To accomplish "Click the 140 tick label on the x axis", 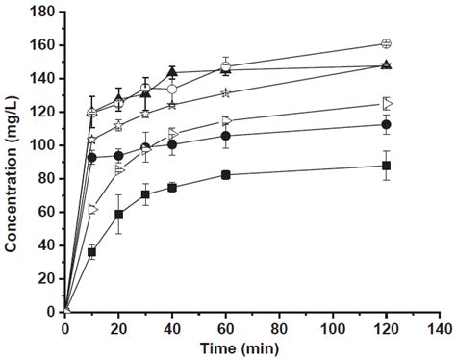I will pyautogui.click(x=440, y=327).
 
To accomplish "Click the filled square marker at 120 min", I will pyautogui.click(x=386, y=166).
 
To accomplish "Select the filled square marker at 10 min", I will pyautogui.click(x=92, y=252).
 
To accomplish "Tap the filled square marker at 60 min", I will pyautogui.click(x=226, y=174).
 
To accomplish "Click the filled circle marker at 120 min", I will pyautogui.click(x=386, y=124).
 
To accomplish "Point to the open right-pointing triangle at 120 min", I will pyautogui.click(x=387, y=103).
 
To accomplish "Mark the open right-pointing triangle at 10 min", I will pyautogui.click(x=93, y=209).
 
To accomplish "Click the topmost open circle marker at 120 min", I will pyautogui.click(x=386, y=43).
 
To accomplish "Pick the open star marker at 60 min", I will pyautogui.click(x=226, y=93).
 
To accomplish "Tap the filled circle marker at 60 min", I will pyautogui.click(x=226, y=136).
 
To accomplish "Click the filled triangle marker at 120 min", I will pyautogui.click(x=386, y=65).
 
